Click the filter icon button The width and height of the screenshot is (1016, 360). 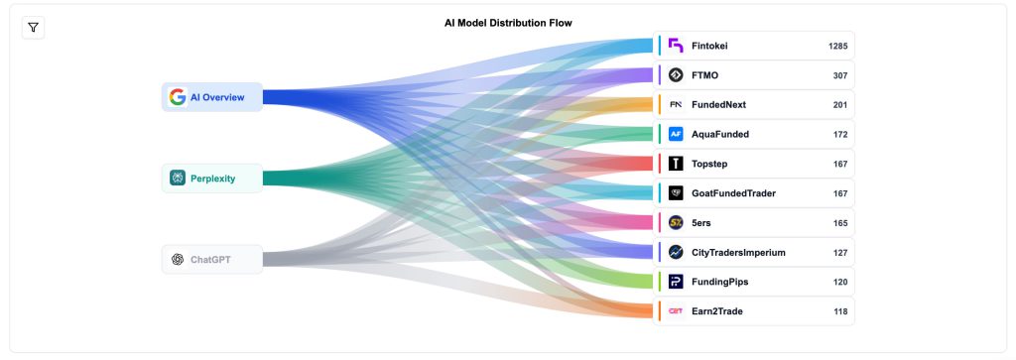pos(33,27)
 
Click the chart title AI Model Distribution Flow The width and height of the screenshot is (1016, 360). pos(508,22)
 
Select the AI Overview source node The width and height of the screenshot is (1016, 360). pos(212,97)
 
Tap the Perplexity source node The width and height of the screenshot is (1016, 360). pos(212,179)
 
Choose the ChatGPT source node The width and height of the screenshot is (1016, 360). pos(212,260)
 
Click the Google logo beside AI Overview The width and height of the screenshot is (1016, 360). pos(178,97)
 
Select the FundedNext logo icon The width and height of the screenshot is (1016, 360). pos(676,104)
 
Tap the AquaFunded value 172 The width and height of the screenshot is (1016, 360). pos(840,134)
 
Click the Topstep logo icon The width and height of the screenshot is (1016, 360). pos(676,164)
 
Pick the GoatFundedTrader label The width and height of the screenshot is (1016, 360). pos(733,193)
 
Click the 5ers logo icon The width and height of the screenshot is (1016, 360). pos(676,222)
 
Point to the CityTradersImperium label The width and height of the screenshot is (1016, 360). pos(738,252)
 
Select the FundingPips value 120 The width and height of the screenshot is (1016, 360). pos(840,282)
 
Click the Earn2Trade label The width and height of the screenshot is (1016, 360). pos(716,311)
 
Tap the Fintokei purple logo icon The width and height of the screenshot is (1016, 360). pos(676,46)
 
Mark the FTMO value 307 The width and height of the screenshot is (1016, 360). pos(840,75)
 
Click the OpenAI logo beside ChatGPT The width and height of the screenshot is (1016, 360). pos(178,260)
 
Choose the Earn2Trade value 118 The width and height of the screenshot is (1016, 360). pos(840,311)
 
